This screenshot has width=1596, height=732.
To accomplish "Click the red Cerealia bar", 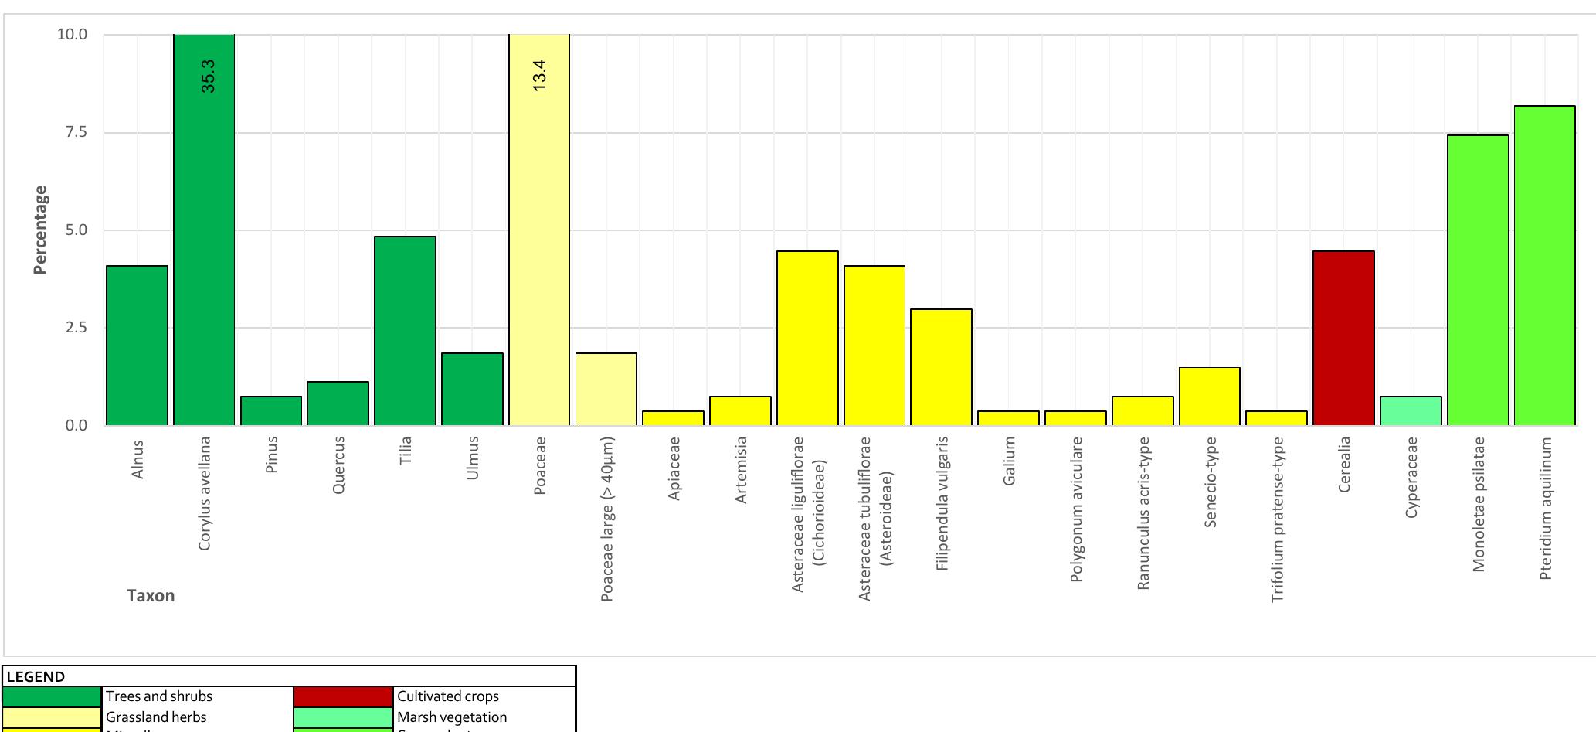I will [1343, 339].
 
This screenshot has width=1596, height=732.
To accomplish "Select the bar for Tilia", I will [405, 331].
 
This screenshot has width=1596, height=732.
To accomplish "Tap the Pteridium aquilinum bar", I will [1544, 265].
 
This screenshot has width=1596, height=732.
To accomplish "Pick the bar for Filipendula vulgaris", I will [941, 367].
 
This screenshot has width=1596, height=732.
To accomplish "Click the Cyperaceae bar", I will [1411, 411].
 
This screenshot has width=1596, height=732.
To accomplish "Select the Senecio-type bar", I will [1209, 397].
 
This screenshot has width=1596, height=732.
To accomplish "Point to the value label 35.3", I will [208, 76].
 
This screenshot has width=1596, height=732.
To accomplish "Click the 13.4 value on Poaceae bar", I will [539, 75].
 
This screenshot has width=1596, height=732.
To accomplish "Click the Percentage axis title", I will [40, 230].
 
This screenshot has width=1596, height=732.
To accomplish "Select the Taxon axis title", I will [151, 596].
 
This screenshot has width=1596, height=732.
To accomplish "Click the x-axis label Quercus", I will [338, 465].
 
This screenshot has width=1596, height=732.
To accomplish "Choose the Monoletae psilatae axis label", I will [1478, 504].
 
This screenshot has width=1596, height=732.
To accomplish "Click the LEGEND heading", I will [36, 676].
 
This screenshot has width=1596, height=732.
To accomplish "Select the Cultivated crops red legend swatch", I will [343, 696].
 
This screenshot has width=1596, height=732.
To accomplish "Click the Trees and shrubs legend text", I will [159, 696].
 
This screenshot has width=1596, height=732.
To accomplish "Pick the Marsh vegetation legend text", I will [452, 717].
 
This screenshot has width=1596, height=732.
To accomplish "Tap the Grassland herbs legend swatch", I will [52, 717].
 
